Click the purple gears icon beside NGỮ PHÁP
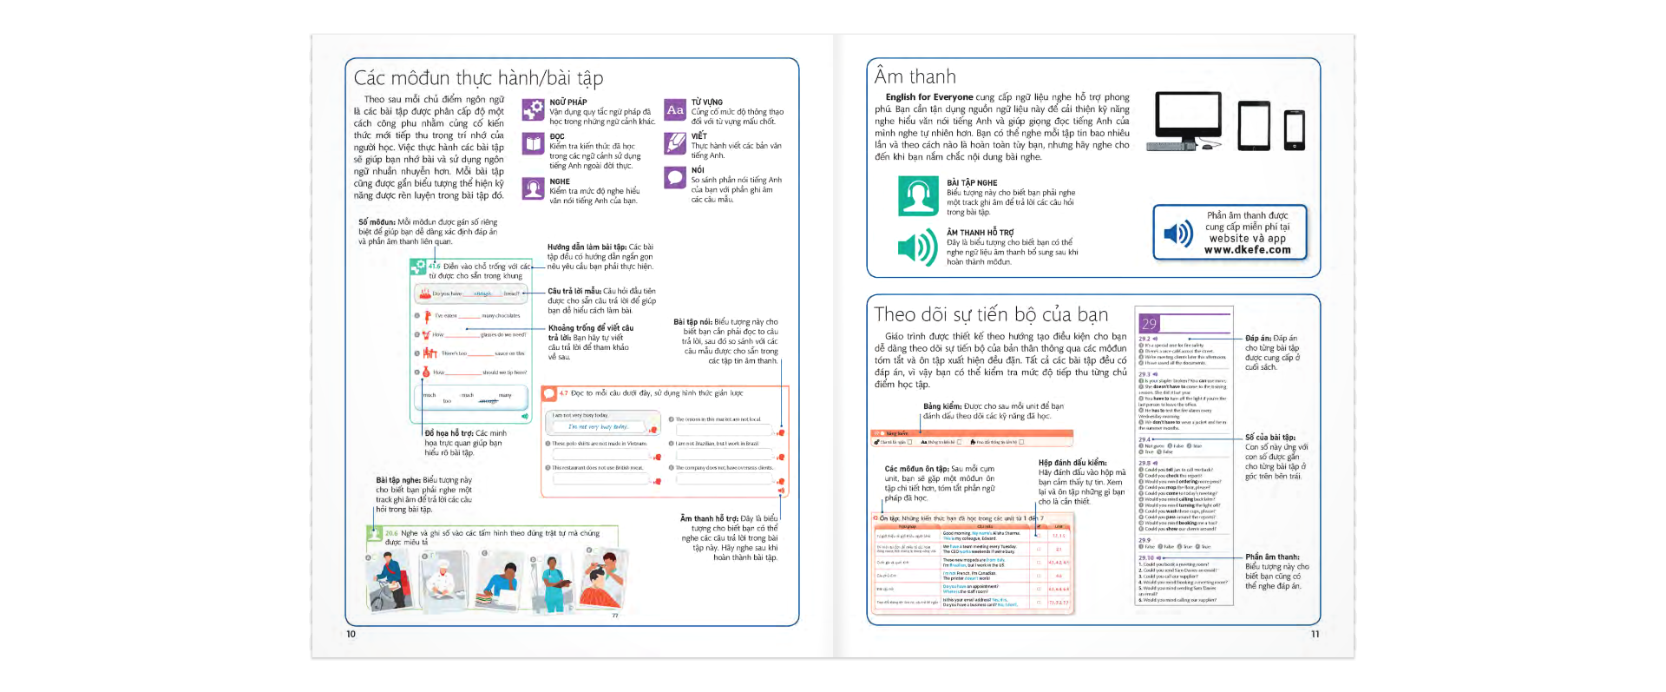coord(533,110)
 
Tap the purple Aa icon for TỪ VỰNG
coord(675,110)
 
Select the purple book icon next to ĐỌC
coord(533,144)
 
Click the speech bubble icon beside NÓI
coord(675,178)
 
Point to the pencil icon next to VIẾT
coord(675,144)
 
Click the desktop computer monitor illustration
coord(1188,122)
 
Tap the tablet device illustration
coord(1254,126)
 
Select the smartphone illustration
coord(1294,130)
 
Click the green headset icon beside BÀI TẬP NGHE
coord(917,196)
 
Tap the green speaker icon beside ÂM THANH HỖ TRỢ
coord(917,247)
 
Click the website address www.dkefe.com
coord(1247,250)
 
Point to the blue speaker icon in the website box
coord(1178,234)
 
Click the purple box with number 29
coord(1150,323)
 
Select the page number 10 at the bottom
coord(351,634)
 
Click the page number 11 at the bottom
coord(1315,634)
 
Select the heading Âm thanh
coord(915,77)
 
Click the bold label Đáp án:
coord(1257,339)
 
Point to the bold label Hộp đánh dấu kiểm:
coord(1072,463)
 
